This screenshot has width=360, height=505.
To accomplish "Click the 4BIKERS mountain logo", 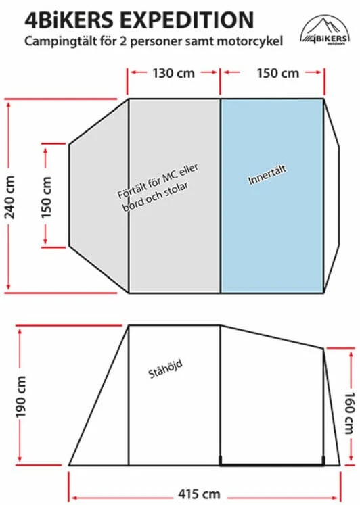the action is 325,30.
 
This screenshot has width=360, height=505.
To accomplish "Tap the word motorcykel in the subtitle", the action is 250,41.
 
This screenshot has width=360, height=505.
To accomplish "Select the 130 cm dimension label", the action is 174,74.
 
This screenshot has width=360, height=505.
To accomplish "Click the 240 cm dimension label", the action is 10,197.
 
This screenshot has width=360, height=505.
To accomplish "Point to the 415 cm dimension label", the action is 199,494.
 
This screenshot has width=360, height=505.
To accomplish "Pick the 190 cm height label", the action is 21,397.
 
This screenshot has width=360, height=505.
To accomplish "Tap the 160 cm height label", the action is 350,413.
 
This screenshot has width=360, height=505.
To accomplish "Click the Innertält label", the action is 267,175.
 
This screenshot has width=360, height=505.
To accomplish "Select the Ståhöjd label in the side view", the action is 165,368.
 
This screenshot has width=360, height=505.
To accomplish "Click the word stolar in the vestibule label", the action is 177,191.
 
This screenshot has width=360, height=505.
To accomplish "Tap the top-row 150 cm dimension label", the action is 278,74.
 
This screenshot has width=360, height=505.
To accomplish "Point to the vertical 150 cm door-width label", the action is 46,197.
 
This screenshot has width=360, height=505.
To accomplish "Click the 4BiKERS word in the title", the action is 69,20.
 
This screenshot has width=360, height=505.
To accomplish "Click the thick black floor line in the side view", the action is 272,465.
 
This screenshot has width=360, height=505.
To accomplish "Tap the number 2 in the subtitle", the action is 122,41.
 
